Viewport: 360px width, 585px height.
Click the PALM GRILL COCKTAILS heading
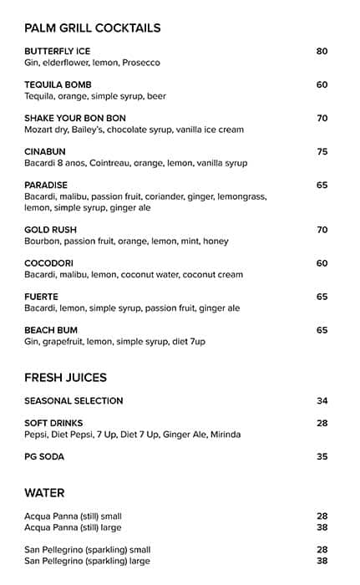(x=92, y=28)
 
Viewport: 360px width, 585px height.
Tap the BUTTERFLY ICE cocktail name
(x=57, y=51)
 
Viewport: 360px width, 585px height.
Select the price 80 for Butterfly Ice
(x=322, y=51)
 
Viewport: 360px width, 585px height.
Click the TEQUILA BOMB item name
(x=58, y=84)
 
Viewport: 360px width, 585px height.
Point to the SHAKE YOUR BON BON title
(x=75, y=119)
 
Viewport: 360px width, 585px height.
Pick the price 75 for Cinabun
(x=322, y=151)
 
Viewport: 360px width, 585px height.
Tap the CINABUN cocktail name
(x=45, y=151)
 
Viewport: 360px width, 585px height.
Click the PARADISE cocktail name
(x=46, y=185)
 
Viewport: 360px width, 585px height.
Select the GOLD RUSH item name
(x=50, y=230)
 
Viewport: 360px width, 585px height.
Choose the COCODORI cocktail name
(x=49, y=263)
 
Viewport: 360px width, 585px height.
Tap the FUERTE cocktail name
(x=41, y=297)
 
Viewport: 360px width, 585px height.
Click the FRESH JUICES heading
(x=65, y=378)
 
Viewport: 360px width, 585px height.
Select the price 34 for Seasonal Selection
(x=322, y=400)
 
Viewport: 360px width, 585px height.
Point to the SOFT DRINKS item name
(x=53, y=423)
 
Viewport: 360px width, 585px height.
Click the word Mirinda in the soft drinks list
(x=223, y=435)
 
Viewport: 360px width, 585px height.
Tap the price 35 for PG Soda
(x=322, y=456)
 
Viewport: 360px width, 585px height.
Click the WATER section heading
(x=44, y=493)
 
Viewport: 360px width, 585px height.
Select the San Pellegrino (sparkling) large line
(x=87, y=561)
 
